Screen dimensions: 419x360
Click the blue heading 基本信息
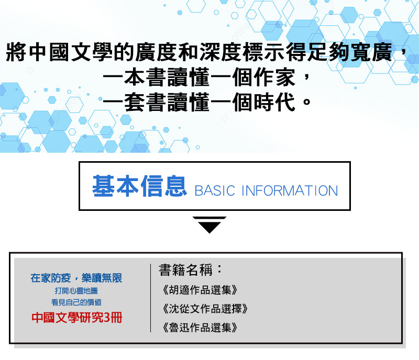[x=139, y=186]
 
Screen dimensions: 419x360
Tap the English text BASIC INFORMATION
[x=266, y=190]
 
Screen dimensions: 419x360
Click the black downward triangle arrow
[x=210, y=225]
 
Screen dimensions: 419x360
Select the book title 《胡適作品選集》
[x=200, y=290]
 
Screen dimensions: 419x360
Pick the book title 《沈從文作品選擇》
[x=205, y=308]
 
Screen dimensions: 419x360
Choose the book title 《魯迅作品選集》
[x=200, y=327]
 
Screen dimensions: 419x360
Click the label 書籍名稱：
[x=191, y=269]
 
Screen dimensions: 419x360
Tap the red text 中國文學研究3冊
[x=76, y=318]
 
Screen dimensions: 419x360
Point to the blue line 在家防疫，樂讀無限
[x=76, y=278]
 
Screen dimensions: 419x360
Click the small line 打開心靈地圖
[x=76, y=290]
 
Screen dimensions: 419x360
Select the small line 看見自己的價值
[x=76, y=302]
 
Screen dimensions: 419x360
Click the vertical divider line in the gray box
[x=151, y=298]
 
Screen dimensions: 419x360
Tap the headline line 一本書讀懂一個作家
[x=199, y=77]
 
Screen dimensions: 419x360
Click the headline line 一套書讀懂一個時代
[x=199, y=102]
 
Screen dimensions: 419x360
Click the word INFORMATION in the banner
[x=290, y=190]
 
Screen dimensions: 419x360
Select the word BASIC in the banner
[x=215, y=190]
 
